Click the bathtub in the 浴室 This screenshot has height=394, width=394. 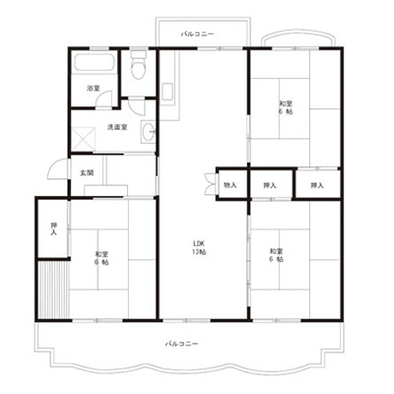(94, 61)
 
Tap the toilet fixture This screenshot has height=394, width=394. (138, 65)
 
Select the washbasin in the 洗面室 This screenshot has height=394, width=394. (148, 132)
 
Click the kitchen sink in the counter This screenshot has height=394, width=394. (167, 91)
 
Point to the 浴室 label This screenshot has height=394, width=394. (94, 89)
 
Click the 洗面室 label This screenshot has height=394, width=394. (117, 127)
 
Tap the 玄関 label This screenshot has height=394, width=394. (87, 172)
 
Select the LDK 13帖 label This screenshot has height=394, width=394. (199, 248)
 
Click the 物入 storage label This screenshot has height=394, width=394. (230, 185)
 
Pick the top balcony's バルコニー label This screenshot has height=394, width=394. (197, 33)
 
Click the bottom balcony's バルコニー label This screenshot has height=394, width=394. (181, 344)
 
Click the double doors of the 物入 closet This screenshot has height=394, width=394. (209, 183)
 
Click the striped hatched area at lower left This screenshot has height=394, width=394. (53, 289)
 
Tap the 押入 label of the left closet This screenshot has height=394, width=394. (53, 229)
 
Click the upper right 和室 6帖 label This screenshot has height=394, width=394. (286, 107)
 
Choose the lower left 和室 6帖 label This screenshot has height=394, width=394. (102, 258)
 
